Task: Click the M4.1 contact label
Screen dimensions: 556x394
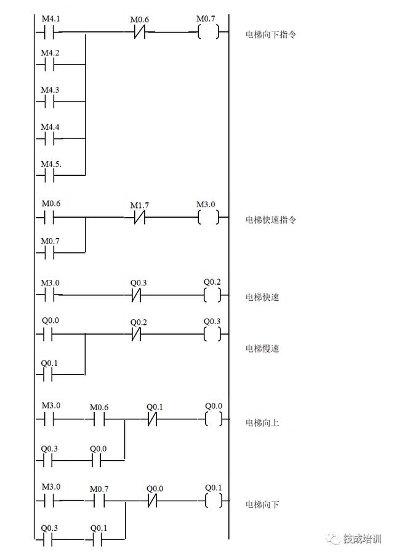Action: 50,18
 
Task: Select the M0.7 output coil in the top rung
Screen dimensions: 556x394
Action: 209,33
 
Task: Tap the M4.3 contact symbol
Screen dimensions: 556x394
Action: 49,103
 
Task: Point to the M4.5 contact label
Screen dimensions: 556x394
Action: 51,164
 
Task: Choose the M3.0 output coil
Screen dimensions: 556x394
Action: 209,218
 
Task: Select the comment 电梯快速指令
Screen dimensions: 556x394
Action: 271,220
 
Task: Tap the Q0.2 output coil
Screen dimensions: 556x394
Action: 212,296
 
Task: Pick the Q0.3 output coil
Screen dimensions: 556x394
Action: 212,335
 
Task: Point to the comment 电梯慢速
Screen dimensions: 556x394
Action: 262,349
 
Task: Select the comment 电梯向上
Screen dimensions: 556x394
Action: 262,423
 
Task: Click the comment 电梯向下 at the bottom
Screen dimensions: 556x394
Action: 262,505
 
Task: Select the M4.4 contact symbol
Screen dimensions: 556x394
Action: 49,140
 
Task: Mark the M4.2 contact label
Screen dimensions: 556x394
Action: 50,53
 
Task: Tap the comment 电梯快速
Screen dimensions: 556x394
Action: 262,298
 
